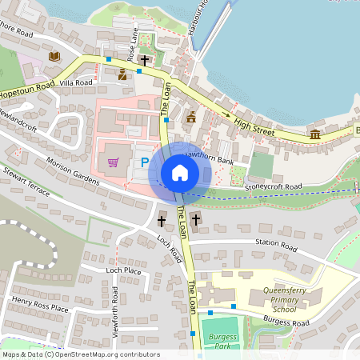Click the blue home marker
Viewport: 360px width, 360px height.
180,173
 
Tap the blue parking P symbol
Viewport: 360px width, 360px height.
145,162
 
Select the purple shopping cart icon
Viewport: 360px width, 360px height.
114,162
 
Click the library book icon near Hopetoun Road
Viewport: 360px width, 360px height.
54,56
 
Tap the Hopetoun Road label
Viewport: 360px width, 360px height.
28,90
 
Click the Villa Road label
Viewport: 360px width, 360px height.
76,82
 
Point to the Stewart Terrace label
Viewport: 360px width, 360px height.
26,179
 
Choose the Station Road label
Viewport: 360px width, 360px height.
275,243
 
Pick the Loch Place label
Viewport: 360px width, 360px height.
123,271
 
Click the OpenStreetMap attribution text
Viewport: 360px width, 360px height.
81,354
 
